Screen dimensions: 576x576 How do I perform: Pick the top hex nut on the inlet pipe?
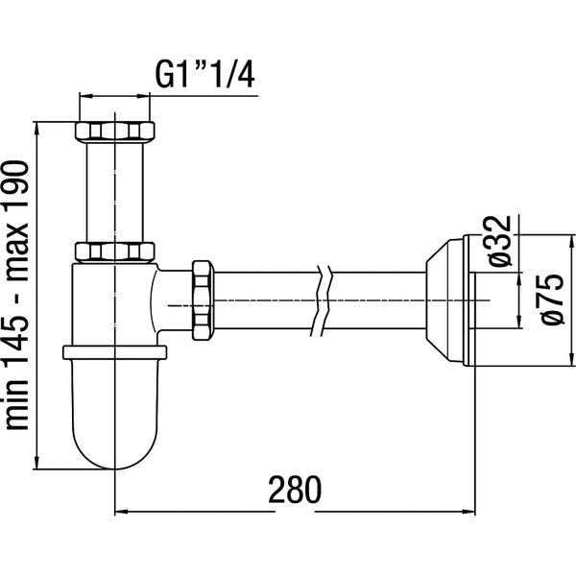[114, 130]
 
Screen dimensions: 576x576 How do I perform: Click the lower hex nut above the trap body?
[114, 252]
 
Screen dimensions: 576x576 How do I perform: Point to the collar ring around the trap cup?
[114, 351]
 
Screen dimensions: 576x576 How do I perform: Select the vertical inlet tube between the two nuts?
[114, 192]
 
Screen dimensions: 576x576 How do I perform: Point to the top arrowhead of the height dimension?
[36, 128]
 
